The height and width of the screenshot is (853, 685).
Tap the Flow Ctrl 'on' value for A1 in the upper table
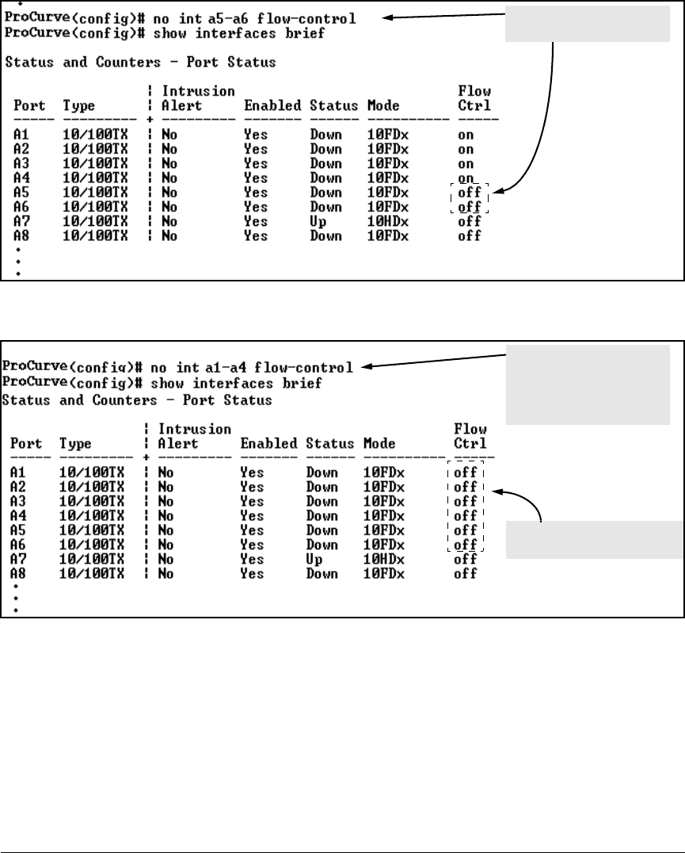coord(466,135)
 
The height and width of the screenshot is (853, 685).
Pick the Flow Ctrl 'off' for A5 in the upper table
coord(469,193)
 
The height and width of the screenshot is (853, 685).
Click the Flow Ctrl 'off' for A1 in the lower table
coord(465,472)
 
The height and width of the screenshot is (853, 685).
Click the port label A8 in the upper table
coord(21,235)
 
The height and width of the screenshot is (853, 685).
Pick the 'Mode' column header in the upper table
coord(383,105)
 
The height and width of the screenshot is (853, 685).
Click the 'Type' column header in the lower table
coord(77,444)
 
